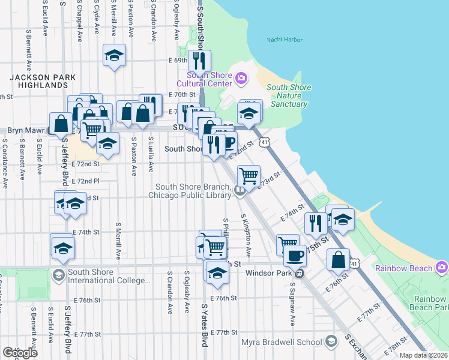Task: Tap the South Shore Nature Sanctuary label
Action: tap(289, 95)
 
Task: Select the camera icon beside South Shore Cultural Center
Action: tap(241, 77)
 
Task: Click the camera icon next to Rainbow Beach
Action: tap(442, 266)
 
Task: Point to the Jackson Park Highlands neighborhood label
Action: tap(42, 82)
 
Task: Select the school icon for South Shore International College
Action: tap(58, 275)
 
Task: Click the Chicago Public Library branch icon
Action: tap(240, 191)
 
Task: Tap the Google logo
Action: tap(19, 352)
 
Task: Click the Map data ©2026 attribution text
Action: tap(424, 355)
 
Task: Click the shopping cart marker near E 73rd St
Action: tap(249, 176)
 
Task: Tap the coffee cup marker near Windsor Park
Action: tap(294, 255)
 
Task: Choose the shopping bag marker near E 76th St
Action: tap(339, 259)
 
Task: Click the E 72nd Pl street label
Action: tap(85, 181)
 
